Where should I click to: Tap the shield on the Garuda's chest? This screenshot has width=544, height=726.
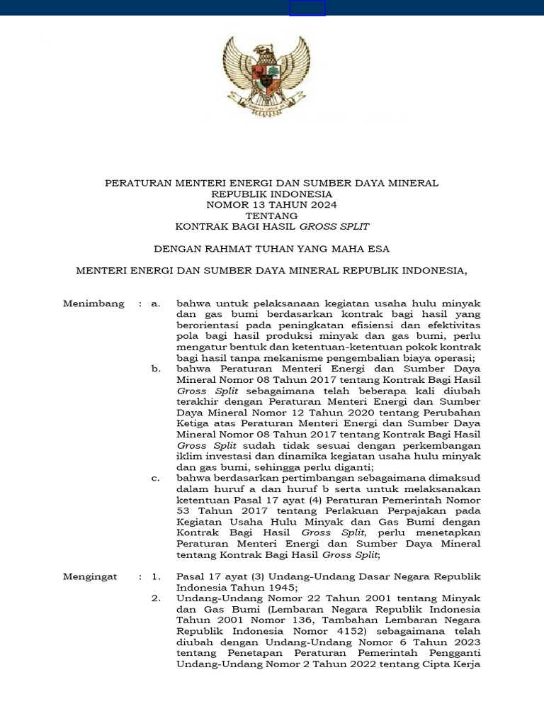pyautogui.click(x=268, y=75)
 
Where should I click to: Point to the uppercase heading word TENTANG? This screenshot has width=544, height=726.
pyautogui.click(x=272, y=216)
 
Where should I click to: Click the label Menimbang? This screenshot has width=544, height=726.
pyautogui.click(x=93, y=303)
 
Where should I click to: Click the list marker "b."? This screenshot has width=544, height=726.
pyautogui.click(x=157, y=369)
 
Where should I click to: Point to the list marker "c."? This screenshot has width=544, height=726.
pyautogui.click(x=157, y=479)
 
